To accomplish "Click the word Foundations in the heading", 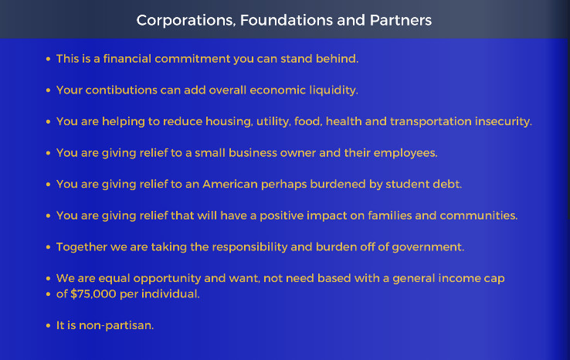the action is point(286,20).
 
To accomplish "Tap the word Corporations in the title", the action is point(186,21).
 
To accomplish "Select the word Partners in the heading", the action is point(401,20).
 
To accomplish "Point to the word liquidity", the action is point(334,90).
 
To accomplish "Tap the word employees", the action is point(405,153).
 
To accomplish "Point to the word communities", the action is point(478,216).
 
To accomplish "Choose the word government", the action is point(428,247).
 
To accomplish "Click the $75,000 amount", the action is point(93,294).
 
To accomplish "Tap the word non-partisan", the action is point(117,325).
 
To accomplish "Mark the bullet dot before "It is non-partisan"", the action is point(48,325).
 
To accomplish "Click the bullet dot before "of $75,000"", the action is point(48,294).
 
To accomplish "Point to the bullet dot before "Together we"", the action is point(48,247).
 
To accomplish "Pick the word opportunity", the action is point(167,279).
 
